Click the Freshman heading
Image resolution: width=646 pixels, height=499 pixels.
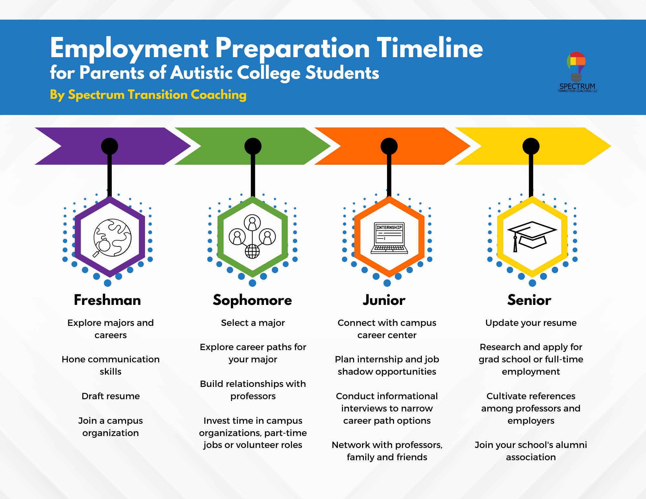(107, 300)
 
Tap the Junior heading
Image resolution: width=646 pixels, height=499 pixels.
(384, 300)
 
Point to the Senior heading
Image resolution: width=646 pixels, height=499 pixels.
(529, 300)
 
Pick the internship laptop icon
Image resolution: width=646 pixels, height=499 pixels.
(389, 238)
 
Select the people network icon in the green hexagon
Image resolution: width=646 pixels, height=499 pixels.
(252, 236)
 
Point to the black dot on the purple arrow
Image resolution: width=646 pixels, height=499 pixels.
(109, 146)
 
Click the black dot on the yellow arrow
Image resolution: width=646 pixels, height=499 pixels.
(531, 146)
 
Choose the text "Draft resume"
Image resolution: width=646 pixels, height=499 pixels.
(110, 396)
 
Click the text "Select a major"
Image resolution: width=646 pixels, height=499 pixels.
(253, 323)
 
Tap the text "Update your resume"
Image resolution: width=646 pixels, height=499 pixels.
(531, 323)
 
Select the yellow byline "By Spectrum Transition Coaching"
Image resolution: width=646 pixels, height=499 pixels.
(148, 95)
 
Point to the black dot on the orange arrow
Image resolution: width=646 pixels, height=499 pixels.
(389, 146)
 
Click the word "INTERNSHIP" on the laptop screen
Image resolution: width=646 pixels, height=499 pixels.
(389, 227)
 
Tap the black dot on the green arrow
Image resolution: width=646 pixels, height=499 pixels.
(253, 146)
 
